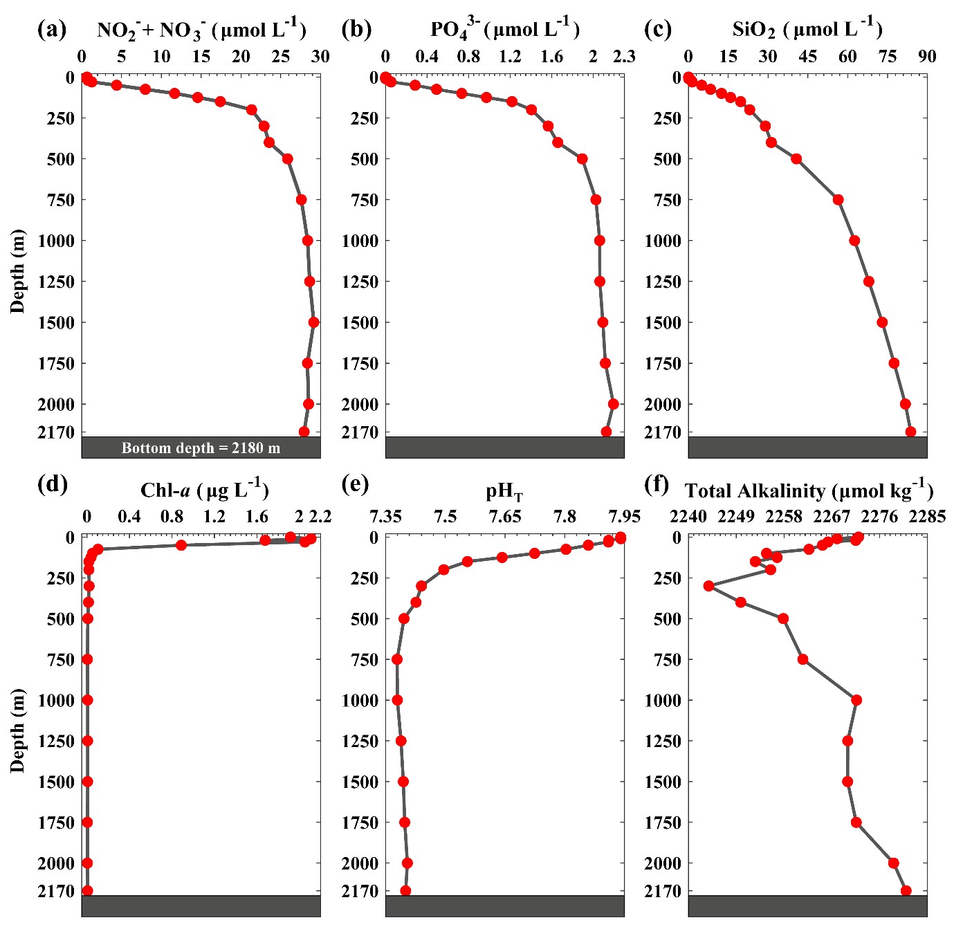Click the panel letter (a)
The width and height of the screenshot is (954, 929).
click(52, 30)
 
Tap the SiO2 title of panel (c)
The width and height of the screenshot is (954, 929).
click(807, 30)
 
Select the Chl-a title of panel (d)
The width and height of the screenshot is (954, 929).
click(204, 490)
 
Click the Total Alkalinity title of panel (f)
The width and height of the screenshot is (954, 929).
click(809, 490)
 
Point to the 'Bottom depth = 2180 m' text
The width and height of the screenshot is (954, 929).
click(201, 448)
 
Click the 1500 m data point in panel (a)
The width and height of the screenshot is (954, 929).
click(313, 322)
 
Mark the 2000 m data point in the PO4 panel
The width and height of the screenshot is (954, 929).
click(613, 404)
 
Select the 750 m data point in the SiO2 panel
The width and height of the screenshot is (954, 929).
click(838, 200)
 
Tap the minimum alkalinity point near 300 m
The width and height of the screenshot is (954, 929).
click(708, 586)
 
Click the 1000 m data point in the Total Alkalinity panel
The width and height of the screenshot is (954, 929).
click(856, 700)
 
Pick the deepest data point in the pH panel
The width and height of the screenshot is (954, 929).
click(405, 891)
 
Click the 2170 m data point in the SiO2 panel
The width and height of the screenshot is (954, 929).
click(910, 432)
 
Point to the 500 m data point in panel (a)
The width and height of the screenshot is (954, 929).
click(288, 159)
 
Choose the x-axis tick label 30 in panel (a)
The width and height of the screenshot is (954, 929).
click(320, 56)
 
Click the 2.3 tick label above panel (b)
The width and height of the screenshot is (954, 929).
click(624, 56)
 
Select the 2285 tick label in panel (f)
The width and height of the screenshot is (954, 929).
click(927, 516)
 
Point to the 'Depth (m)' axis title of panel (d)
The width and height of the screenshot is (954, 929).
click(17, 730)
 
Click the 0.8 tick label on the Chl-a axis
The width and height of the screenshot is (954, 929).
click(172, 516)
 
